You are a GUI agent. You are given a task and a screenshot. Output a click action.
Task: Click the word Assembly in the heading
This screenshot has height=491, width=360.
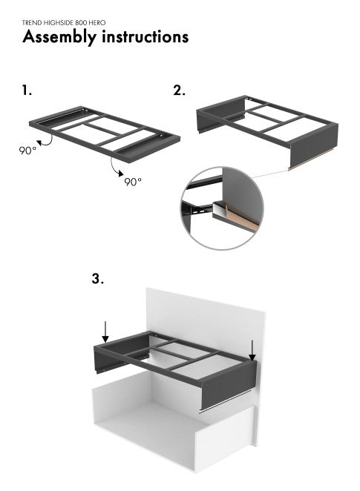point(59,37)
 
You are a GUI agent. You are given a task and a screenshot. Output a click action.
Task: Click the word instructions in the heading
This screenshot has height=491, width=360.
point(145,36)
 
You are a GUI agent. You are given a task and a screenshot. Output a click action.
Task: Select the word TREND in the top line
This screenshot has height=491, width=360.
point(32,23)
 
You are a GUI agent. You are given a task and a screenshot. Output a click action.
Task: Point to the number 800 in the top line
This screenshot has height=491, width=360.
point(82,23)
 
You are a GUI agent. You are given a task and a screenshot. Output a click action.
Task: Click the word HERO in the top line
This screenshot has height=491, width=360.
point(97,23)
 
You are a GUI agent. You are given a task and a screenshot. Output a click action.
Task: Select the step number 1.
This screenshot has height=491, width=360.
point(27,90)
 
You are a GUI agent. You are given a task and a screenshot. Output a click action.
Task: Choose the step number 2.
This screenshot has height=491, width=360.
point(179,90)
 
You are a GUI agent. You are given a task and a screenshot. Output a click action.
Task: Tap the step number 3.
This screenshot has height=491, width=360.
point(97,278)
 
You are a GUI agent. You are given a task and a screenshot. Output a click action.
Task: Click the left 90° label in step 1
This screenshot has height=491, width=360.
point(27,151)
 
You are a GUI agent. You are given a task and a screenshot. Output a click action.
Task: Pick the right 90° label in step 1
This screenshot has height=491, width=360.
point(133,181)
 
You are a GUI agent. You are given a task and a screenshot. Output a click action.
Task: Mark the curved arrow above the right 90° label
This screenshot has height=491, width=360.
point(114,167)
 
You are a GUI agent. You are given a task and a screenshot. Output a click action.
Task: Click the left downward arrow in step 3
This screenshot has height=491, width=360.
point(105,332)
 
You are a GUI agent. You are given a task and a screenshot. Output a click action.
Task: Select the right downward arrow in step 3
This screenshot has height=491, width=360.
point(252,350)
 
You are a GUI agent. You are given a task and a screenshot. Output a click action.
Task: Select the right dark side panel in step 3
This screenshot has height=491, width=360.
point(229,385)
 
